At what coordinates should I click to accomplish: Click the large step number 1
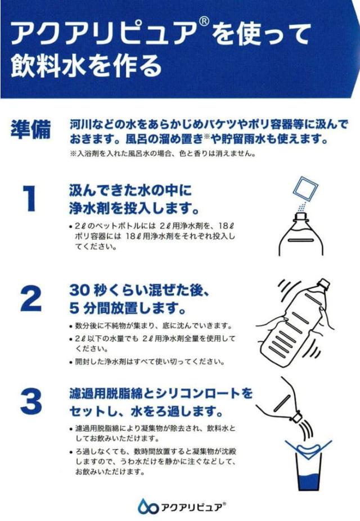(29, 199)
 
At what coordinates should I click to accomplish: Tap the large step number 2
(31, 298)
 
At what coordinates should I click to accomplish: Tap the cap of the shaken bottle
(323, 284)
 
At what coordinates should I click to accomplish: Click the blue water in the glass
(309, 482)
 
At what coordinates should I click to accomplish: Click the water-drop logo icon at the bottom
(147, 507)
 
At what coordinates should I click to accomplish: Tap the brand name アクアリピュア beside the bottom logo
(191, 507)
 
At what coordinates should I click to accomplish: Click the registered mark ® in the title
(204, 22)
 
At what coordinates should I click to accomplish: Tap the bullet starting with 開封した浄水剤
(147, 362)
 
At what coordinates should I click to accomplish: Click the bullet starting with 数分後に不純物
(150, 325)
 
